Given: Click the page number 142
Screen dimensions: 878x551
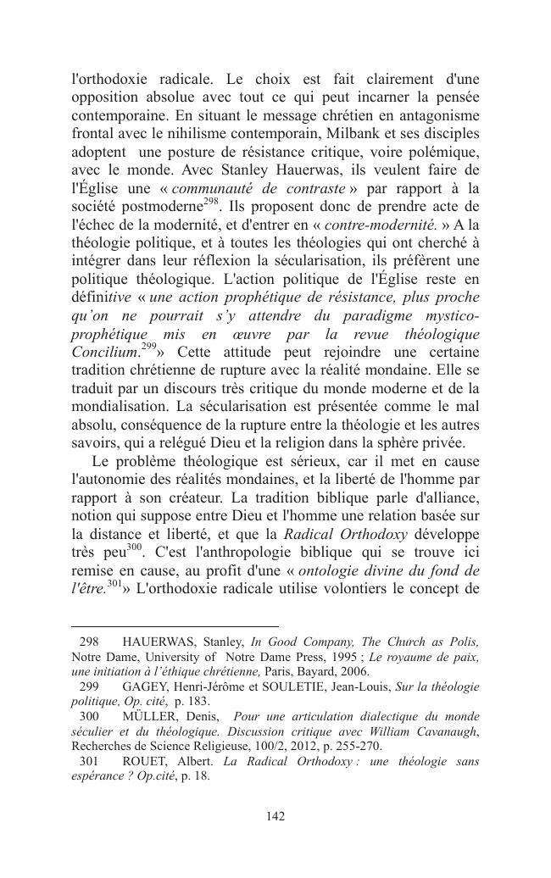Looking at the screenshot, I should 275,816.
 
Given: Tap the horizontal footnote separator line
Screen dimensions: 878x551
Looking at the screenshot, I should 175,625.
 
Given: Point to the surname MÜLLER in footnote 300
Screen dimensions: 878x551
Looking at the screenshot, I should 150,716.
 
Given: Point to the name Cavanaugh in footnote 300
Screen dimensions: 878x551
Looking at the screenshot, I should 451,731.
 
